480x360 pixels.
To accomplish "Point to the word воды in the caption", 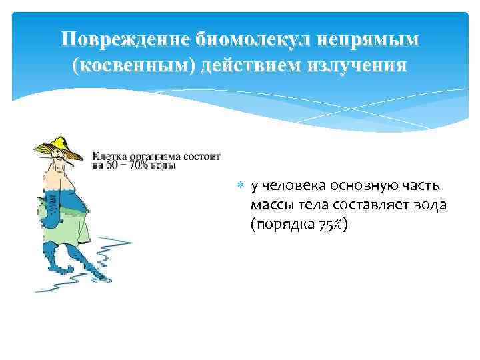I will (x=163, y=165).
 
